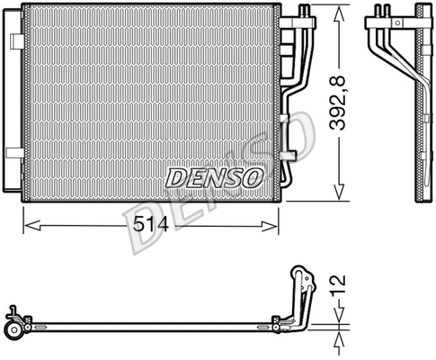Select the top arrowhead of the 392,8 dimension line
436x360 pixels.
point(339,21)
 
